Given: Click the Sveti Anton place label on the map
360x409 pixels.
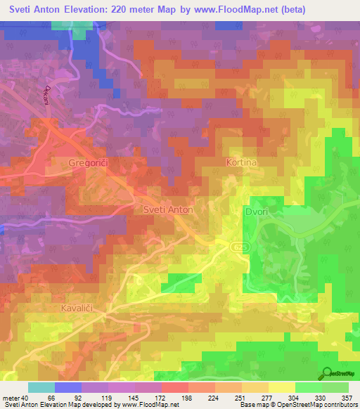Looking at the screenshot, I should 167,209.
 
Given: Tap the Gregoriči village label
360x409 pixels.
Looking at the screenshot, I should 91,163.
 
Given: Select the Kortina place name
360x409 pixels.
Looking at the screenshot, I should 241,162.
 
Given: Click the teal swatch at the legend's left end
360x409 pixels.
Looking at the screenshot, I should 41,387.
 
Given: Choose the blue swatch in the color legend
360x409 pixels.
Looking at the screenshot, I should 68,387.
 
